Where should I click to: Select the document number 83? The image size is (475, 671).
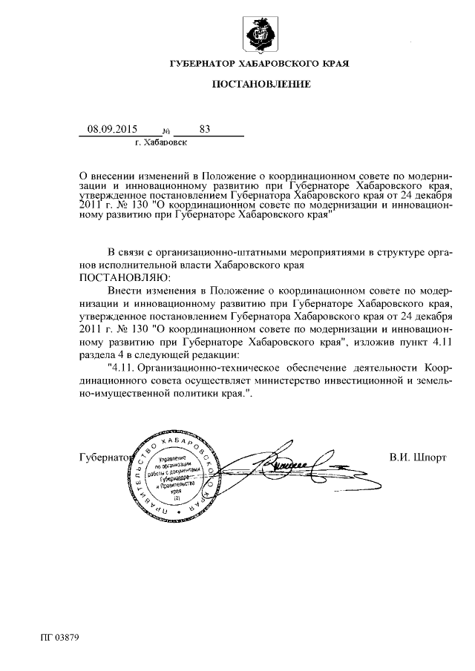205,128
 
